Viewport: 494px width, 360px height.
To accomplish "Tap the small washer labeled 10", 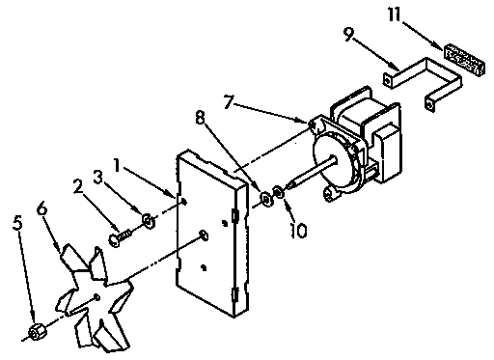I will pyautogui.click(x=280, y=192).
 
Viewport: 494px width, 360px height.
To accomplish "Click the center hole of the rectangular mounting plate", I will pyautogui.click(x=204, y=235).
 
